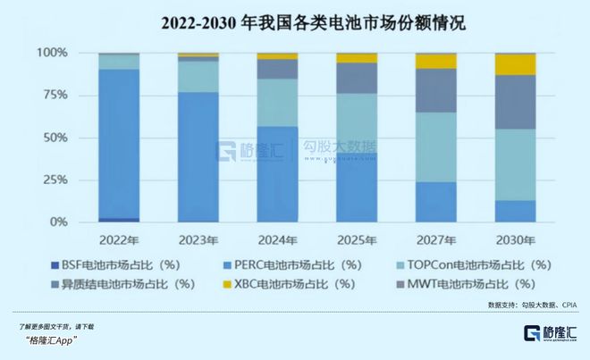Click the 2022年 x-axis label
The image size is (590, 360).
(119, 241)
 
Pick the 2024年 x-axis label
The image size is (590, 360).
(278, 241)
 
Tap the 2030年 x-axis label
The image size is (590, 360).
(516, 241)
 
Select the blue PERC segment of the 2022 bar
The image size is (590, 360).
(119, 143)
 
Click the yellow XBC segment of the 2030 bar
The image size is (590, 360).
(516, 64)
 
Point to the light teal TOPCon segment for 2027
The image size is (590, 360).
(436, 147)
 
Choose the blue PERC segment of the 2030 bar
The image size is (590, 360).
(516, 211)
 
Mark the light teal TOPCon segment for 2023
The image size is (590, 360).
(198, 77)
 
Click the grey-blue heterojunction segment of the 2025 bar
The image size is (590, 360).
(358, 78)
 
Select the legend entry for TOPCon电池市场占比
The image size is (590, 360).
(465, 265)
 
